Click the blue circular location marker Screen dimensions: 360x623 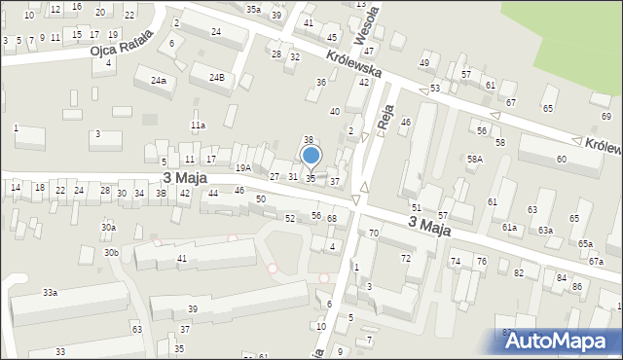tap(311, 155)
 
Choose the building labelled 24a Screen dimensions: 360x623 tap(158, 81)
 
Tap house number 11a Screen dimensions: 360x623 tap(198, 126)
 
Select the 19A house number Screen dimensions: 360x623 tap(242, 167)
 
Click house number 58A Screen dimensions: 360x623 tap(475, 159)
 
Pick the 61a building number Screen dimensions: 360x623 tap(509, 227)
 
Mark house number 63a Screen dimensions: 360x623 tap(545, 231)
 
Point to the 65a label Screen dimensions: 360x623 tap(585, 244)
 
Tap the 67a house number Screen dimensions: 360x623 tap(595, 262)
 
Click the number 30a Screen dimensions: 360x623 tap(108, 227)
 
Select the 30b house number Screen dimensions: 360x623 tap(112, 253)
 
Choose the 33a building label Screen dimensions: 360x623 tap(50, 292)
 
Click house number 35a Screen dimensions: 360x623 tap(253, 9)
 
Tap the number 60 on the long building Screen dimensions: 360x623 tap(561, 159)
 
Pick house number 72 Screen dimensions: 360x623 tap(405, 258)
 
